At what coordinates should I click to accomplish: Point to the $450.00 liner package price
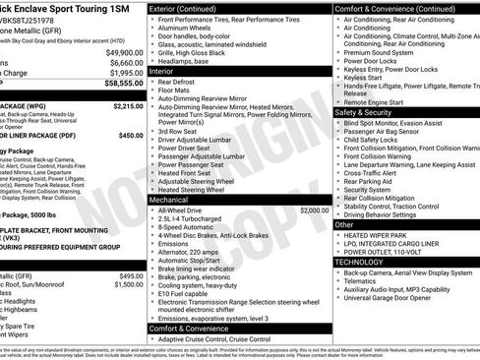[x=131, y=136]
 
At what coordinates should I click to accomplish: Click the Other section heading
[x=344, y=224]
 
